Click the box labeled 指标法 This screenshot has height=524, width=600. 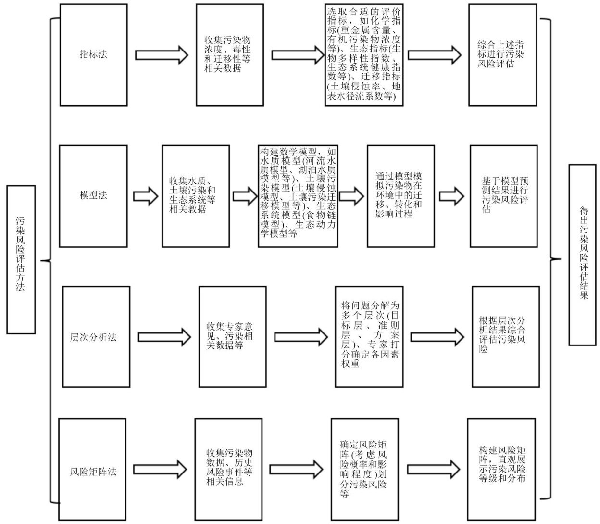[x=93, y=54]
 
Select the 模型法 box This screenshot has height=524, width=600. [x=93, y=195]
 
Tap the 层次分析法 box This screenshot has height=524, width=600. [x=96, y=337]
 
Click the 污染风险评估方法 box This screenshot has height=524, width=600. [x=21, y=260]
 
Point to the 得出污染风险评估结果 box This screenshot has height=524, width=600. [x=582, y=255]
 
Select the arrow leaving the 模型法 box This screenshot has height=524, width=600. [x=145, y=196]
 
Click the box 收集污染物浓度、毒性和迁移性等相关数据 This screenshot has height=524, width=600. [x=230, y=54]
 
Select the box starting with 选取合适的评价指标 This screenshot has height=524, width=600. [x=363, y=54]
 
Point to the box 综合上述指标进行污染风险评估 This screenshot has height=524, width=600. [x=503, y=54]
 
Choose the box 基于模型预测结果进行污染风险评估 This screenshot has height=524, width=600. [x=504, y=196]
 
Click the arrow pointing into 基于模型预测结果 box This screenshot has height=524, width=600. [x=451, y=196]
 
